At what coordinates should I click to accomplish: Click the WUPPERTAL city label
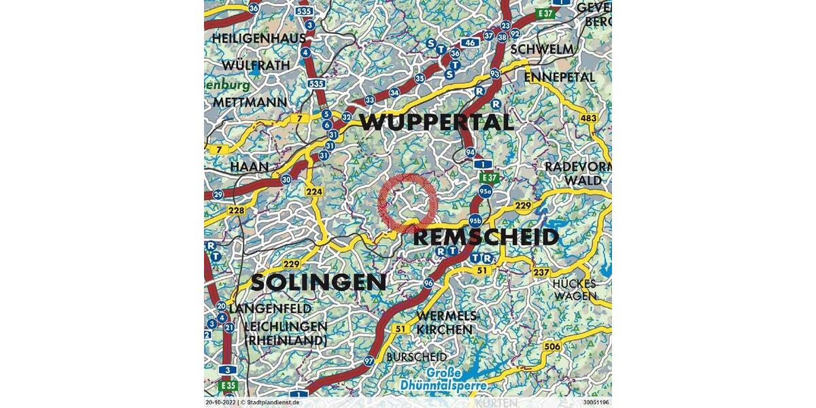[x=437, y=122]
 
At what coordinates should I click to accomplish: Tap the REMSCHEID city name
[x=486, y=237]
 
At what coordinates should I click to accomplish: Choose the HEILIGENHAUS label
[x=259, y=39]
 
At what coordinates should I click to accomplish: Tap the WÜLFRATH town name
[x=256, y=65]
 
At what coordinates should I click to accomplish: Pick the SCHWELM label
[x=542, y=50]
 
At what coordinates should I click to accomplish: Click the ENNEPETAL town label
[x=560, y=77]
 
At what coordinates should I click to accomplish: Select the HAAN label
[x=245, y=167]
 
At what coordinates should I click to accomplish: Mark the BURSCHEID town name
[x=417, y=356]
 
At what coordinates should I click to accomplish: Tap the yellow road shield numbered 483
[x=589, y=119]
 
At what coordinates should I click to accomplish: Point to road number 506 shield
[x=552, y=347]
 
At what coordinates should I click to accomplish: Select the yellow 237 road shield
[x=541, y=273]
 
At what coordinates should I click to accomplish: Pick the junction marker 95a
[x=485, y=192]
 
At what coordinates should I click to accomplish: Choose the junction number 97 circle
[x=369, y=360]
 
